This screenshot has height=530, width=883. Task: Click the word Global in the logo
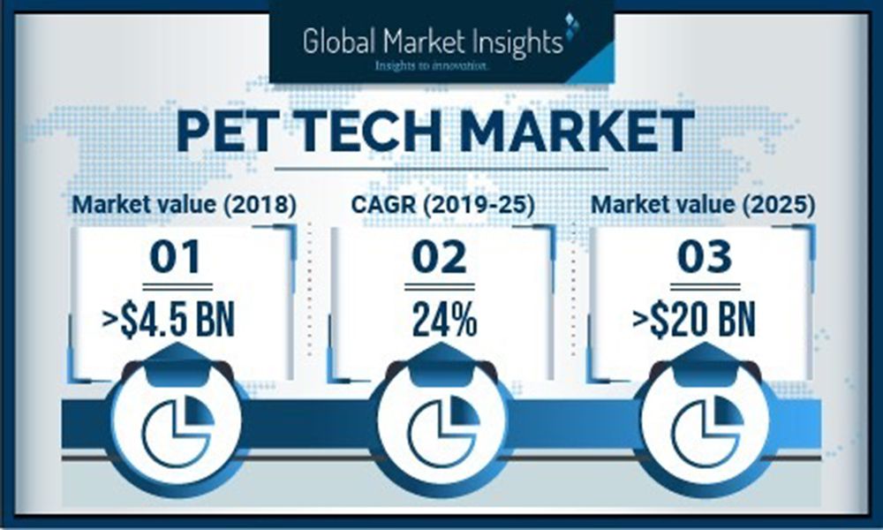pyautogui.click(x=340, y=42)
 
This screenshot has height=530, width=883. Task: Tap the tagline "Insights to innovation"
pyautogui.click(x=432, y=66)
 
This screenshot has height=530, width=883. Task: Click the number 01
pyautogui.click(x=175, y=257)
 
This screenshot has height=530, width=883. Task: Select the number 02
pyautogui.click(x=439, y=257)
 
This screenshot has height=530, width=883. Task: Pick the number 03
pyautogui.click(x=705, y=257)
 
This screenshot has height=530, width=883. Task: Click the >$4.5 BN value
pyautogui.click(x=169, y=320)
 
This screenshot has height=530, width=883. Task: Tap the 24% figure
pyautogui.click(x=444, y=320)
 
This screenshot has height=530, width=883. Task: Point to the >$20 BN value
pyautogui.click(x=693, y=320)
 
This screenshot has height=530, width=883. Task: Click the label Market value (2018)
pyautogui.click(x=185, y=204)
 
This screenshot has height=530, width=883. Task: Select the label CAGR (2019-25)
pyautogui.click(x=442, y=204)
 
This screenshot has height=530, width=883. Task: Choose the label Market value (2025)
pyautogui.click(x=703, y=204)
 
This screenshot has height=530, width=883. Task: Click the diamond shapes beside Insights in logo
pyautogui.click(x=572, y=27)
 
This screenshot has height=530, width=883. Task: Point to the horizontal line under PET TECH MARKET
pyautogui.click(x=441, y=169)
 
